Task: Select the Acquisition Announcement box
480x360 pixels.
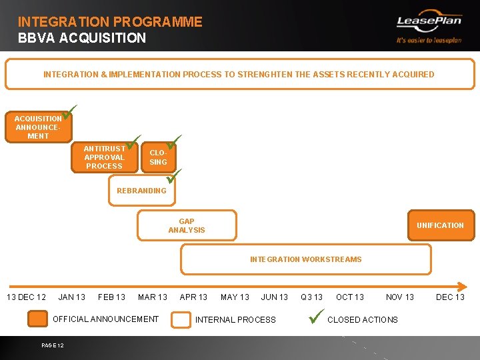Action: [x=38, y=127]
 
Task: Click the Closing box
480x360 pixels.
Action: [x=159, y=158]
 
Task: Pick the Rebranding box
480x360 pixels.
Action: [x=141, y=191]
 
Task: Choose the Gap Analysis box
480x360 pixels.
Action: [x=187, y=225]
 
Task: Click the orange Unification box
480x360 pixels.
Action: [x=440, y=225]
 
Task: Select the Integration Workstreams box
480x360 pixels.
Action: [x=305, y=259]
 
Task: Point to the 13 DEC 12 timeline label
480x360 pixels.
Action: [x=27, y=297]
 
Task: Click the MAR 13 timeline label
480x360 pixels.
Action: [x=152, y=297]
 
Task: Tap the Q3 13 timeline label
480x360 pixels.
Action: [x=311, y=297]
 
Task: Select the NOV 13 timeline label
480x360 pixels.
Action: [x=400, y=297]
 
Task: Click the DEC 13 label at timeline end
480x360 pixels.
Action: [x=450, y=297]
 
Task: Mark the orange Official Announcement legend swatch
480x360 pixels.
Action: [x=38, y=320]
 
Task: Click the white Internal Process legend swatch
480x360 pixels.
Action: [x=181, y=320]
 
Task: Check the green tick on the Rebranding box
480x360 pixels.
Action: [x=174, y=177]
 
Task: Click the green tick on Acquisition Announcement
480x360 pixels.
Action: [x=71, y=111]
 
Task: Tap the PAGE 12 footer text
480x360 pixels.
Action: [x=52, y=345]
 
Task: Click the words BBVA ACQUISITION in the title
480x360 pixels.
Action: [x=82, y=38]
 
